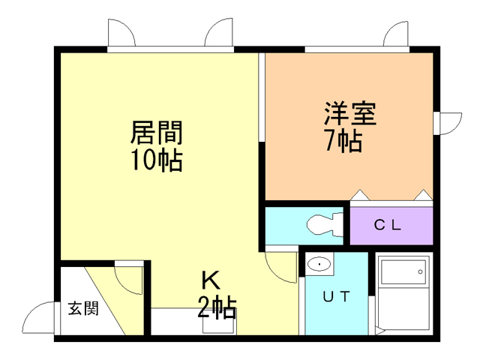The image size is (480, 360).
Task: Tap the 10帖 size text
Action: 157,160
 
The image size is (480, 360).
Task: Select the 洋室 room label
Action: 349,115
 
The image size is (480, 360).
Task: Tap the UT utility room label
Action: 336,296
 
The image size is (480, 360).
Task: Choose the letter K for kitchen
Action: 210,280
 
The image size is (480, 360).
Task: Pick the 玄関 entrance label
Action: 82,308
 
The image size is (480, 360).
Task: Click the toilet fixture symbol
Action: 325,224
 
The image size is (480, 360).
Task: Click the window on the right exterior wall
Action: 448,122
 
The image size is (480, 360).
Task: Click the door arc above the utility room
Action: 282,264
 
